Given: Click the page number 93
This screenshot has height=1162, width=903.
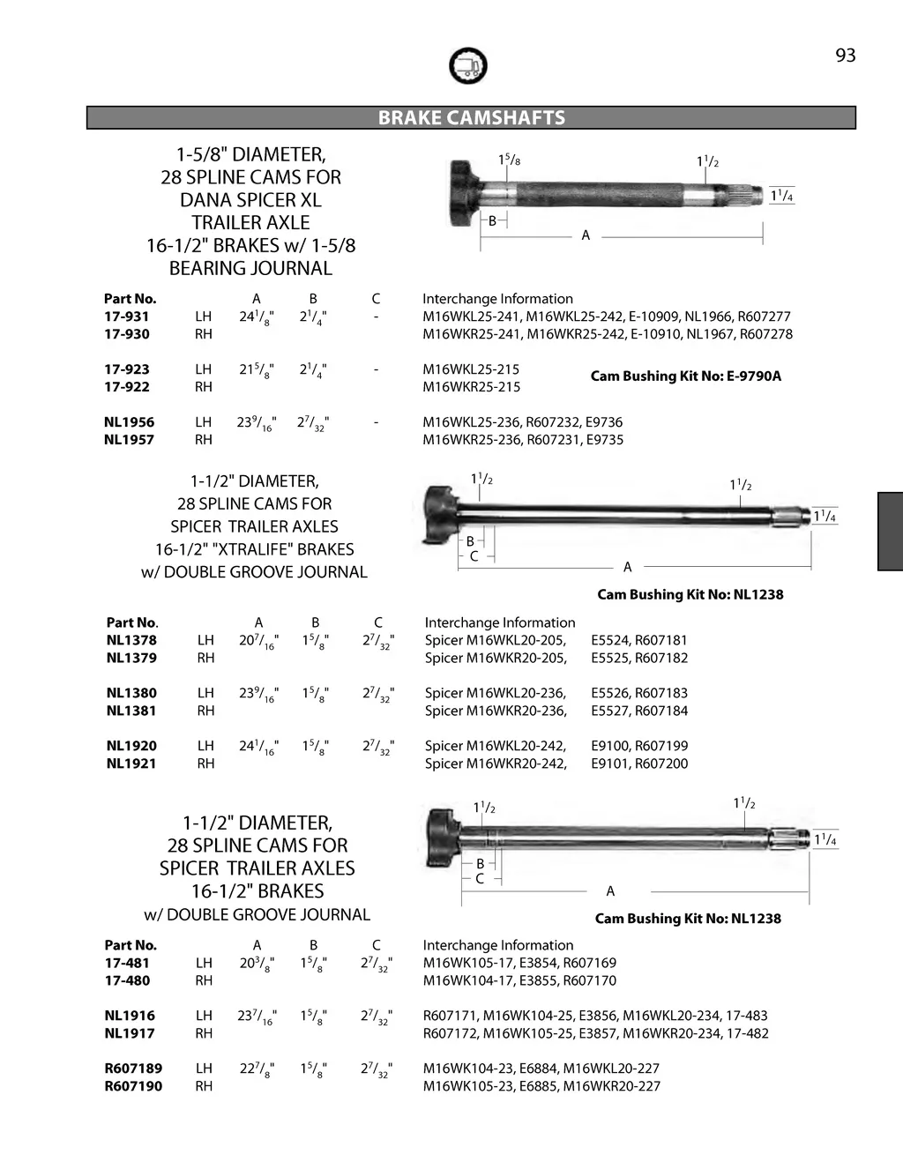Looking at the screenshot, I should tap(845, 56).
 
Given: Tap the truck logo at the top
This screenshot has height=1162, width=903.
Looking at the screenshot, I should tap(467, 66).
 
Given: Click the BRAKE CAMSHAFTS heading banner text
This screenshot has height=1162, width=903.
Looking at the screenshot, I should tap(471, 118).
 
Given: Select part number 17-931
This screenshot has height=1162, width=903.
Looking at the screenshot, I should tap(127, 317).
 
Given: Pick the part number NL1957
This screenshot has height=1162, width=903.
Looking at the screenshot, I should tap(129, 440).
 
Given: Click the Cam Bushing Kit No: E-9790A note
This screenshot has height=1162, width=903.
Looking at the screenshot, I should tap(685, 376).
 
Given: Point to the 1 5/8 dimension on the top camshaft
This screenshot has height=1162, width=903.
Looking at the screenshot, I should tap(509, 160).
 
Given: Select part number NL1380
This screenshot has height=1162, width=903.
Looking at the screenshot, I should tap(131, 693).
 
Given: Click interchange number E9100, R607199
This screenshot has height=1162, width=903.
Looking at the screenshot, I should tap(639, 746).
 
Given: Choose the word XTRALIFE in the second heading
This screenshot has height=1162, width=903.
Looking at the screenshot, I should tap(255, 549).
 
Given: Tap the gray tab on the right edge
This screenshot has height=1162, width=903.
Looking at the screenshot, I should tap(890, 532).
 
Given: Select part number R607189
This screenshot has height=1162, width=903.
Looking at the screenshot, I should tap(133, 1069).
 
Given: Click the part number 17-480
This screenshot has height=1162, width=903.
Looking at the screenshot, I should tap(127, 980).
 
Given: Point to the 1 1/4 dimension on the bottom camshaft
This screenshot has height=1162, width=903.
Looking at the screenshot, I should tap(825, 839).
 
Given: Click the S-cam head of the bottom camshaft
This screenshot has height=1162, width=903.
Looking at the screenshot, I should tap(442, 838).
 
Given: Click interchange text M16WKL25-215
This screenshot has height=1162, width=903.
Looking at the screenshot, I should tap(471, 369).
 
